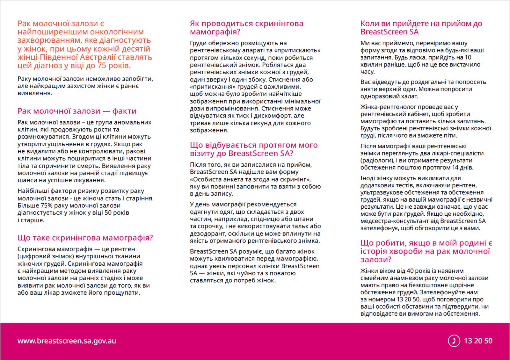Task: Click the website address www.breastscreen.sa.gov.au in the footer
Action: pos(67,341)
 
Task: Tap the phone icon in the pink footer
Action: pos(454,341)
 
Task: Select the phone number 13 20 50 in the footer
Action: pos(478,341)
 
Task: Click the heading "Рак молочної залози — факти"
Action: pos(77,111)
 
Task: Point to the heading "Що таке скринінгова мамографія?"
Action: pos(85,238)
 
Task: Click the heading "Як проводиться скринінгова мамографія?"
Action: pos(246,27)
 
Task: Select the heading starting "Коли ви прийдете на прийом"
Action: pos(421,27)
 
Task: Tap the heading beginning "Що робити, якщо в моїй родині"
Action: pos(426,251)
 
